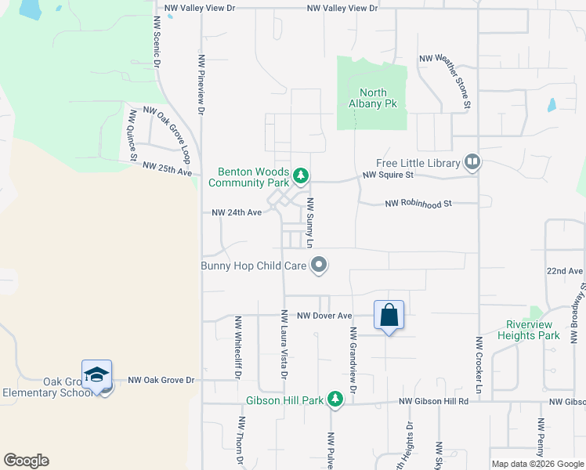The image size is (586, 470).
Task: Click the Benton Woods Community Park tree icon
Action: coord(300,174)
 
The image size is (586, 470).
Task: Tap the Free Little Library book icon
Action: coord(472,163)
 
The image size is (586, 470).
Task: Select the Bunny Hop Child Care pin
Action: coord(318,265)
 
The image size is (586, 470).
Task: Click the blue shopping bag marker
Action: coord(389,316)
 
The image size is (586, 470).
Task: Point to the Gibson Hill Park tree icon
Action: coord(335,400)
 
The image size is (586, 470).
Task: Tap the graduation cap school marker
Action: coord(96,374)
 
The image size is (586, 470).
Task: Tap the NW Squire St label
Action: coord(387,175)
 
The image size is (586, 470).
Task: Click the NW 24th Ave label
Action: coord(236,212)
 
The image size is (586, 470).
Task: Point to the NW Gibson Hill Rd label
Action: coord(433,402)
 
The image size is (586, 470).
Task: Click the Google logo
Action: coord(26,461)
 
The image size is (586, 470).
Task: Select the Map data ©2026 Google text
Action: coord(537,464)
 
